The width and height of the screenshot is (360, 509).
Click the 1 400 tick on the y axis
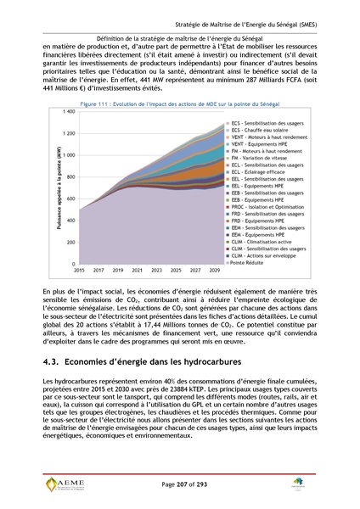68,111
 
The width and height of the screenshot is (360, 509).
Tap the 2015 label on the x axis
79,270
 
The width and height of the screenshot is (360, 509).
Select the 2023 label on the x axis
157,270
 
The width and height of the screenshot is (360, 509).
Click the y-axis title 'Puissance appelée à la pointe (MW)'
59,187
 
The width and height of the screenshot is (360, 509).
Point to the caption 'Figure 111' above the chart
96,103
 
